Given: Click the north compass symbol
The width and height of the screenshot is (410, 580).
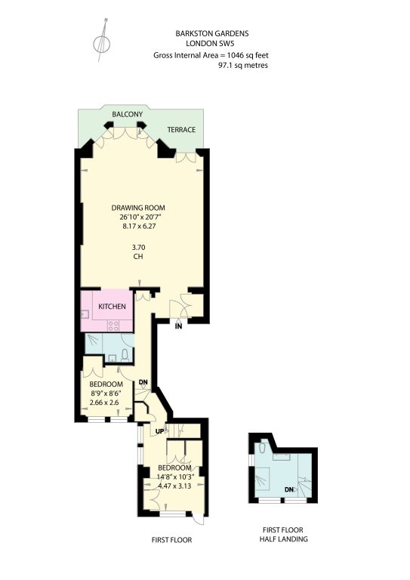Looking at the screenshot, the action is [x=102, y=41].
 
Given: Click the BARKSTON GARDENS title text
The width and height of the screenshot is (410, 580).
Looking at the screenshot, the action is [x=212, y=34].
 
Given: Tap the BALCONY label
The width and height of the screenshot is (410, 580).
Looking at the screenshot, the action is [x=127, y=114].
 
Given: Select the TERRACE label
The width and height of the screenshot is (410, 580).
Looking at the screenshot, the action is [x=181, y=130].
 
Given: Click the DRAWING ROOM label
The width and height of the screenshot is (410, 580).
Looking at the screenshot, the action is [x=138, y=208].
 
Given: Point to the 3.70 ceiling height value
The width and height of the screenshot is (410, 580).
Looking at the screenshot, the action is [x=139, y=248].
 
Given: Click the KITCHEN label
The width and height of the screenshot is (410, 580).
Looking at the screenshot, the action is [x=112, y=307].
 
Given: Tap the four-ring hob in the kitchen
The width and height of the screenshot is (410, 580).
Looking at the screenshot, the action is [x=113, y=325].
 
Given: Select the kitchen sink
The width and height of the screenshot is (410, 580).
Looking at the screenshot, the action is [x=85, y=314].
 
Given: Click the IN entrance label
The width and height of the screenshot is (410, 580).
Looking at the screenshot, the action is [x=178, y=326].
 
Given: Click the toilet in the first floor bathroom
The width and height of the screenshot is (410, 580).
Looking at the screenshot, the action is [x=125, y=354].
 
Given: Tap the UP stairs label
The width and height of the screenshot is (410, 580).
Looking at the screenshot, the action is [x=160, y=431].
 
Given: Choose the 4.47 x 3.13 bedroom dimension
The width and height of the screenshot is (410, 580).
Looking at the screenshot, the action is [x=174, y=486].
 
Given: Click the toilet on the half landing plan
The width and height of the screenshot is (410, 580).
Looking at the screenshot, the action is [x=263, y=448].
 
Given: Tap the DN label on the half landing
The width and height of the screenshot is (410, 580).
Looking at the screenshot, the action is [x=289, y=489].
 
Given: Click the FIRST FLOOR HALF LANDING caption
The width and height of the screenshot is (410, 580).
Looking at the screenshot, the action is [x=283, y=535].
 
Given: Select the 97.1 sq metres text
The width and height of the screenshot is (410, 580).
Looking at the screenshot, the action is [x=243, y=66].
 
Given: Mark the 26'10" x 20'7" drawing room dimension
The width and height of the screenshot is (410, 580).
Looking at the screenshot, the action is [x=139, y=217].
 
